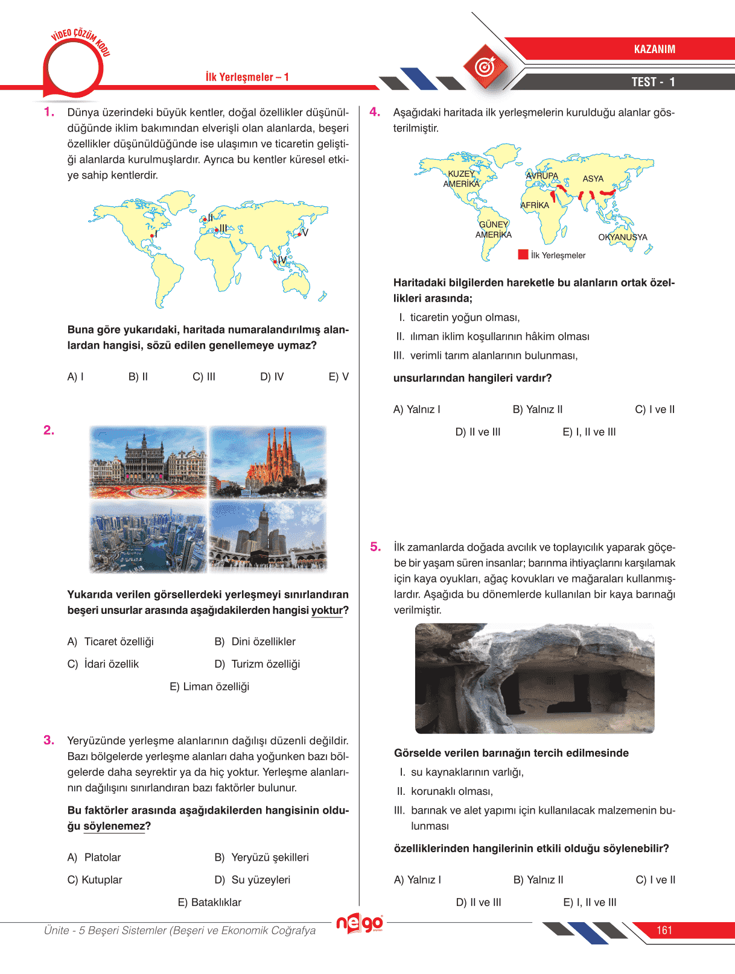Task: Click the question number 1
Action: (49, 112)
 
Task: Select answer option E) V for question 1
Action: (339, 377)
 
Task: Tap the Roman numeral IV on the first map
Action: (282, 260)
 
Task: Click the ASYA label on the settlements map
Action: (593, 179)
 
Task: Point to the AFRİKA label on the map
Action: (535, 206)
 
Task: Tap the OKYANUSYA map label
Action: (622, 238)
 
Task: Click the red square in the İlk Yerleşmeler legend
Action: (523, 255)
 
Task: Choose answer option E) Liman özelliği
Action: (209, 687)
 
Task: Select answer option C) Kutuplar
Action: (95, 880)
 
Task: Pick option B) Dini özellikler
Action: (255, 642)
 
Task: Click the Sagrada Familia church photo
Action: (268, 462)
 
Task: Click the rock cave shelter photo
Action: (535, 678)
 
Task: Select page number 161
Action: (664, 931)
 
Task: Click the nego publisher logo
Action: (360, 923)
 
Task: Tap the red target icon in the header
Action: (485, 67)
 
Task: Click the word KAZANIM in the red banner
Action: (654, 49)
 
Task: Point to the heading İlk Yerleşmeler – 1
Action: (247, 77)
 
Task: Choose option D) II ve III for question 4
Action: (477, 432)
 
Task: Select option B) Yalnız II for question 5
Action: (538, 880)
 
